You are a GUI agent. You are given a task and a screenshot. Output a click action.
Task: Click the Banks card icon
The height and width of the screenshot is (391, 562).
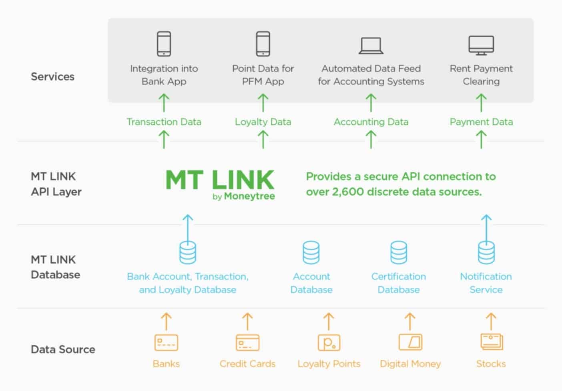(x=166, y=343)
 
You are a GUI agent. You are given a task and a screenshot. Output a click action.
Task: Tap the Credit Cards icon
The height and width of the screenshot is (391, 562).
(x=247, y=343)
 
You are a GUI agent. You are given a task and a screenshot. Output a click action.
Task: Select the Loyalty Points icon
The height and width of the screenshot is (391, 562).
(x=329, y=343)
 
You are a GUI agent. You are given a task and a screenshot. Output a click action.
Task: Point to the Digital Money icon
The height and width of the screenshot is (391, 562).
(x=410, y=342)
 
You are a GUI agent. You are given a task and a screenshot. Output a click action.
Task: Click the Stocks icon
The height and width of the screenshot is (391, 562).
(x=491, y=342)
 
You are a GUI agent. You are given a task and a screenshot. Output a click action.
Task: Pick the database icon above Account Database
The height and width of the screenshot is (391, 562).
(x=311, y=252)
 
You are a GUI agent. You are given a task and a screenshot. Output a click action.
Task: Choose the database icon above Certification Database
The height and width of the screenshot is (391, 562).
(x=399, y=252)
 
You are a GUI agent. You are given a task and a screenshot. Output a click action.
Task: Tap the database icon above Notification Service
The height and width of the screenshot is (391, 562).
(x=486, y=252)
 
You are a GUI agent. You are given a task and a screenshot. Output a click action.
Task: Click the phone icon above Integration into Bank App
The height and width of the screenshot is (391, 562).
(x=164, y=44)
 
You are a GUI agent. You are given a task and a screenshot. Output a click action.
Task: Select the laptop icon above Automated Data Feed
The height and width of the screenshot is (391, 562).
(x=371, y=46)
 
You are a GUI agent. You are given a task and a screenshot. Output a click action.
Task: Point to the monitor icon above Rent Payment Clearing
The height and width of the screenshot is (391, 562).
(x=481, y=45)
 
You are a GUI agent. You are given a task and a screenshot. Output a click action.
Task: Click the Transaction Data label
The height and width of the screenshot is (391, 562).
(x=164, y=122)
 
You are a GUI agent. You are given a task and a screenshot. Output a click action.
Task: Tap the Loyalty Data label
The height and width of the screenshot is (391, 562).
(x=263, y=122)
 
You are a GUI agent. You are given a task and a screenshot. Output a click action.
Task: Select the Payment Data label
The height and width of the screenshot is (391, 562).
(x=481, y=122)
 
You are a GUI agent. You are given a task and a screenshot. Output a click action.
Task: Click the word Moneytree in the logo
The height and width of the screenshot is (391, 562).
(x=249, y=196)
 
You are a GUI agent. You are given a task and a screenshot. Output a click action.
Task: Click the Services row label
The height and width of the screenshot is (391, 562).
(x=52, y=77)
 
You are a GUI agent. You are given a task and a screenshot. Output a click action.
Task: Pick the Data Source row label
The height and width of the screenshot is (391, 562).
(x=63, y=349)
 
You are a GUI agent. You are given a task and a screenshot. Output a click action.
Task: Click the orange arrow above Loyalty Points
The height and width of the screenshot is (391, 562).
(x=329, y=321)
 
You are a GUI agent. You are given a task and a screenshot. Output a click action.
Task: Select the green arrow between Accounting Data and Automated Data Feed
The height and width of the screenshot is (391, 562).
(x=371, y=103)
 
